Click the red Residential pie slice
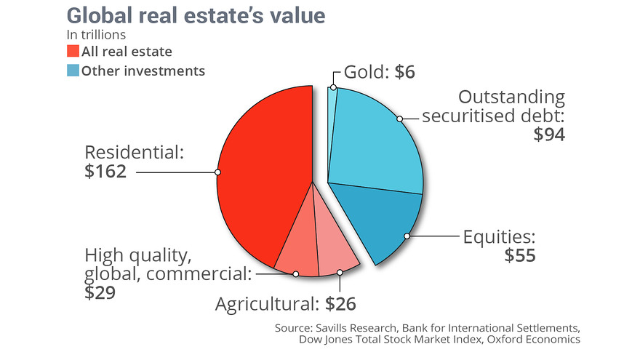pyautogui.click(x=262, y=175)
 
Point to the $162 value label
pyautogui.click(x=106, y=172)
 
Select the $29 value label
pyautogui.click(x=100, y=292)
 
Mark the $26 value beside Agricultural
pyautogui.click(x=340, y=302)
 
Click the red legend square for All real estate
pyautogui.click(x=73, y=52)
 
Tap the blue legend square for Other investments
pyautogui.click(x=73, y=71)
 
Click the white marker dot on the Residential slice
pyautogui.click(x=217, y=172)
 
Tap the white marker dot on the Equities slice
pyautogui.click(x=408, y=236)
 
